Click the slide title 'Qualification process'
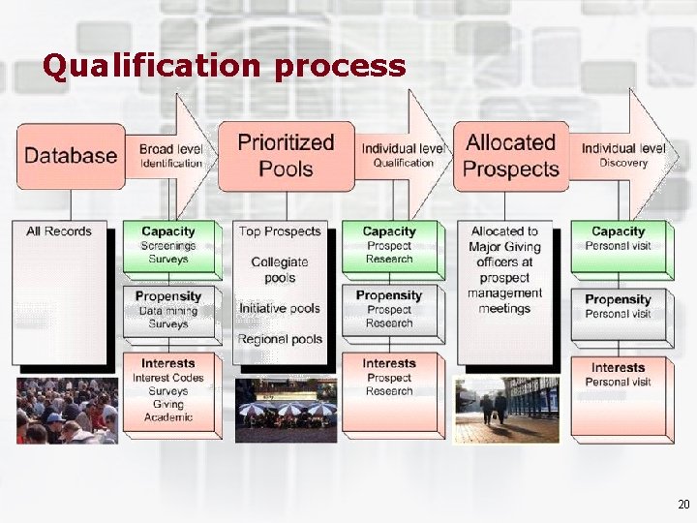tap(224, 66)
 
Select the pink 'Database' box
tap(71, 155)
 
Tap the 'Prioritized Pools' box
tap(286, 155)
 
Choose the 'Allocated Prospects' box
tap(510, 155)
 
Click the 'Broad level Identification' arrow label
tap(170, 156)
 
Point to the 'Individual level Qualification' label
tap(403, 156)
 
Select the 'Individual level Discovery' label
tap(623, 155)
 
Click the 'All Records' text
tap(59, 231)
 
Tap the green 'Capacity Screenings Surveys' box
tap(168, 246)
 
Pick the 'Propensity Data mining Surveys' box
tap(168, 310)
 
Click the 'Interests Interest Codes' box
tap(168, 390)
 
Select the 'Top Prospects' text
tap(280, 231)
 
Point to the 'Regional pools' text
tap(281, 339)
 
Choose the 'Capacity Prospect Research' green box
tap(389, 246)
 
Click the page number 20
tap(683, 505)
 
